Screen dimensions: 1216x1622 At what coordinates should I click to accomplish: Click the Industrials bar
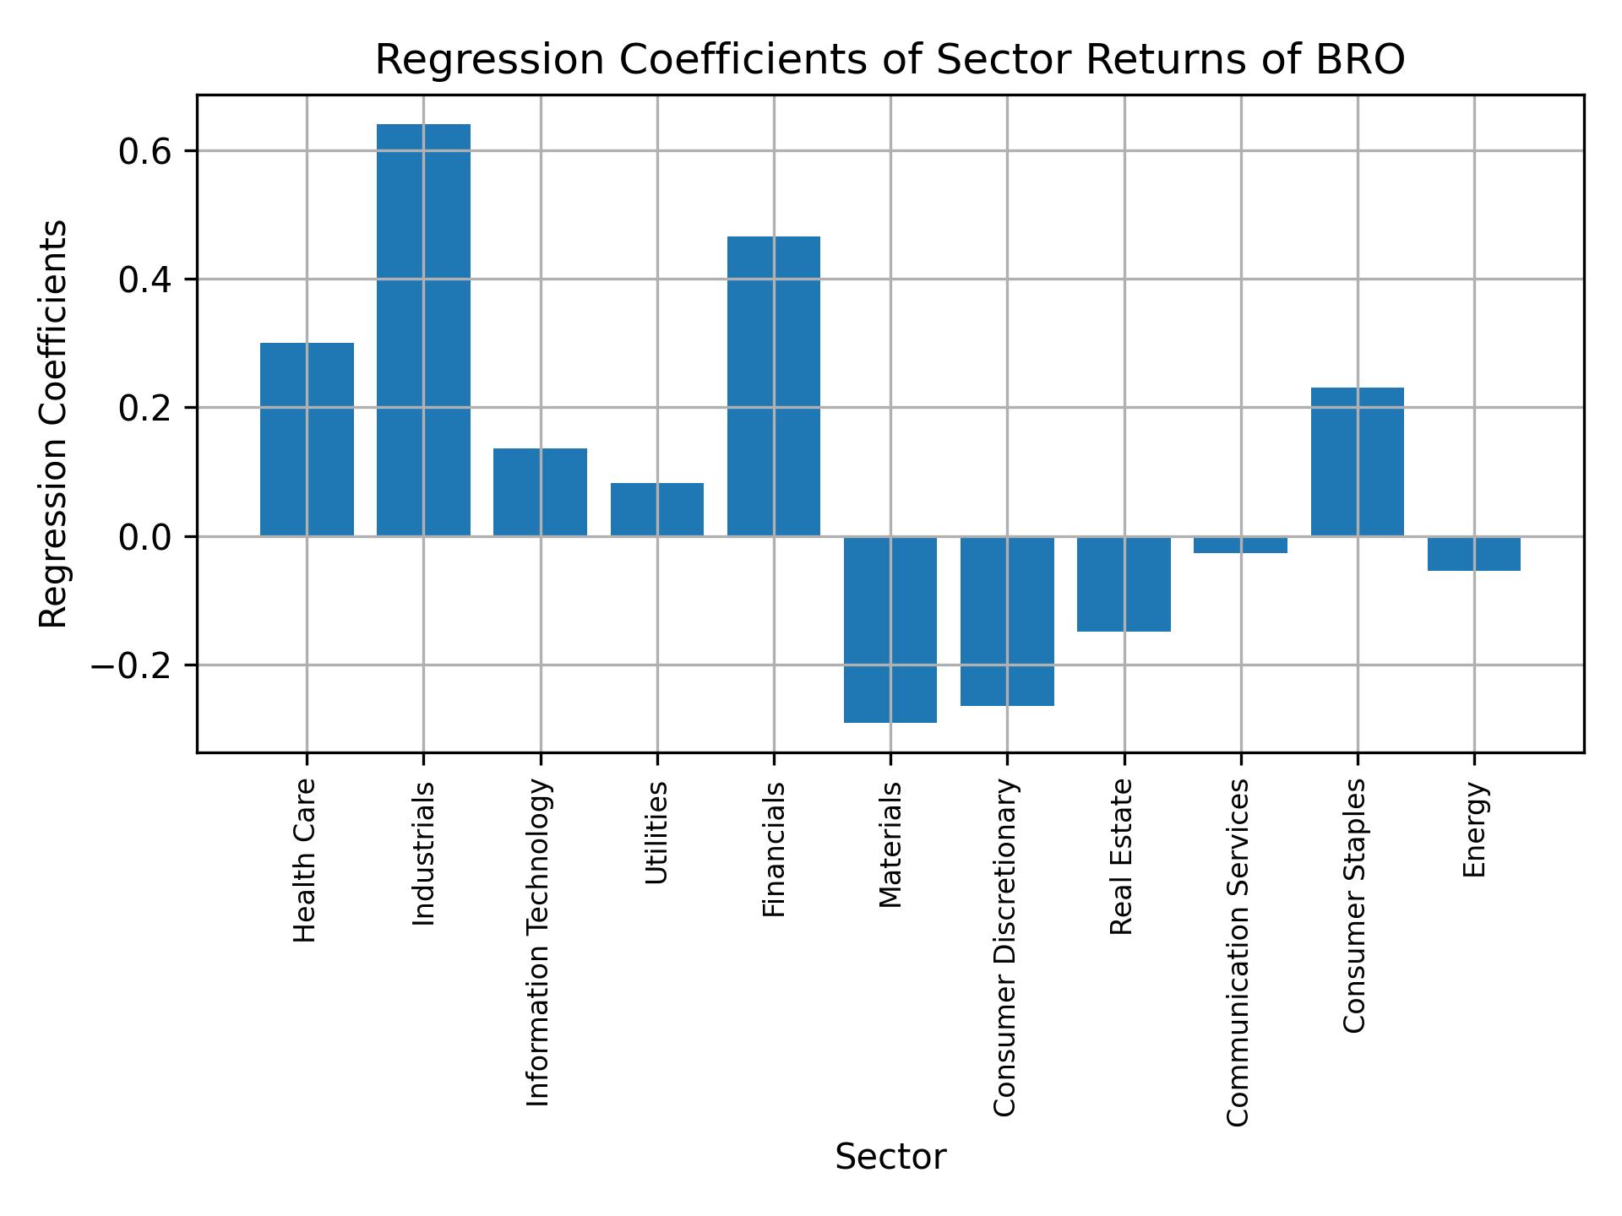click(x=423, y=329)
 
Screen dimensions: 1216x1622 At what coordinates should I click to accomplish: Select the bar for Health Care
click(x=307, y=439)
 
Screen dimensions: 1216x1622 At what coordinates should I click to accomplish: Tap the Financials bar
click(x=774, y=386)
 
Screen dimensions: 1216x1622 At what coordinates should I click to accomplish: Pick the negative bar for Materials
click(x=890, y=629)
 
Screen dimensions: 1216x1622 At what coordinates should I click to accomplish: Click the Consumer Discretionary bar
click(x=1007, y=621)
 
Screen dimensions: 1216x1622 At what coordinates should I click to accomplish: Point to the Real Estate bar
click(x=1124, y=584)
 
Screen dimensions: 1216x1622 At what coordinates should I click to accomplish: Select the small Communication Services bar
click(x=1240, y=545)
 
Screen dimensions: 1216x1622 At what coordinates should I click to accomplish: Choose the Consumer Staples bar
click(x=1357, y=462)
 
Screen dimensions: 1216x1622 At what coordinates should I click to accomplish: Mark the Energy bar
click(x=1474, y=554)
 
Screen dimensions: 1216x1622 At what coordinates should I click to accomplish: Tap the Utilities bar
click(x=657, y=509)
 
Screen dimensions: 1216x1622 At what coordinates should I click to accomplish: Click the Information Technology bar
click(x=541, y=492)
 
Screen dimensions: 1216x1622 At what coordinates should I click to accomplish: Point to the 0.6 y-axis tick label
click(x=145, y=152)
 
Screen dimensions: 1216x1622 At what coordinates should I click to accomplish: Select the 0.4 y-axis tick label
click(x=145, y=280)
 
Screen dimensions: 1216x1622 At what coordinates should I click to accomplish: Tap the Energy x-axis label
click(x=1474, y=830)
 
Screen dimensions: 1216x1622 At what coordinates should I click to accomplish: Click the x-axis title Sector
click(x=890, y=1157)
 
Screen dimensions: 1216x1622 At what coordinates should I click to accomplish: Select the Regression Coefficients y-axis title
click(x=54, y=424)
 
